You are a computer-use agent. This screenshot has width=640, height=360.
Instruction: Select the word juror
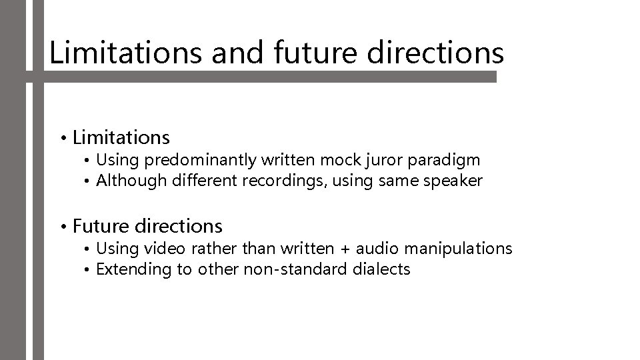[370, 160]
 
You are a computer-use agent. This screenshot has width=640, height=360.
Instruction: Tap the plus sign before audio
[345, 249]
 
